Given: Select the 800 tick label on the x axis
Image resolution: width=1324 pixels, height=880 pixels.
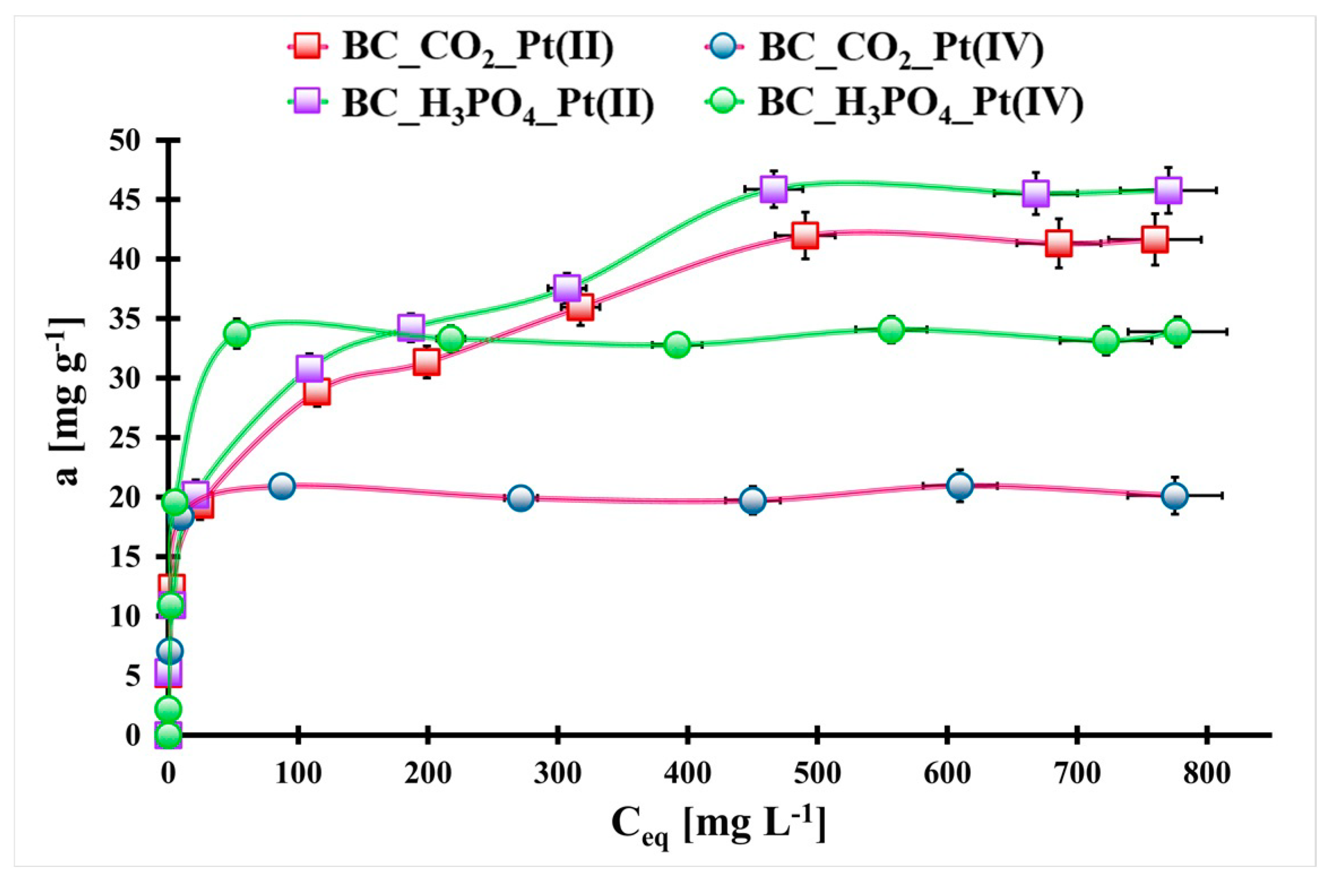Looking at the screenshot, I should [1207, 773].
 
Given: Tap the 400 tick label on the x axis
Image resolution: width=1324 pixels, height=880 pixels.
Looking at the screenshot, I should [688, 773].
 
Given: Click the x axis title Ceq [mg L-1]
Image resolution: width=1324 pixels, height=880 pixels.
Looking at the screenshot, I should [718, 826].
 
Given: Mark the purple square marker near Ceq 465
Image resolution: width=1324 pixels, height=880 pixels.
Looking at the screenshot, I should [773, 189].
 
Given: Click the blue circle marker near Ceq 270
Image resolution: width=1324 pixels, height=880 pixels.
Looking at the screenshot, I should [521, 498].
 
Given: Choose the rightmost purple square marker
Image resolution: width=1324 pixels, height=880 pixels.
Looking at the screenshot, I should [1168, 190].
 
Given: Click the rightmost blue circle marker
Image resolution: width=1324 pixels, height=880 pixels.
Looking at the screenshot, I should [1175, 496].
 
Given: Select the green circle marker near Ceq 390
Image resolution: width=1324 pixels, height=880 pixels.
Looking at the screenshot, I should [677, 344].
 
